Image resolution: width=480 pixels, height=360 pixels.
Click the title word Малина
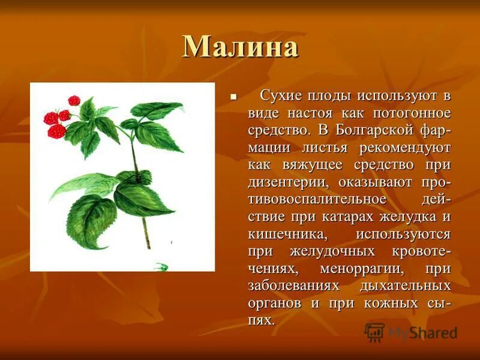(240, 47)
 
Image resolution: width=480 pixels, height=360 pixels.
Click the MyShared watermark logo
(411, 332)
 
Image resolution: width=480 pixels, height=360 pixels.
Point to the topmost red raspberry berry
(74, 100)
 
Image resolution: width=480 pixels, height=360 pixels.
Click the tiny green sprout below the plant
(160, 266)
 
